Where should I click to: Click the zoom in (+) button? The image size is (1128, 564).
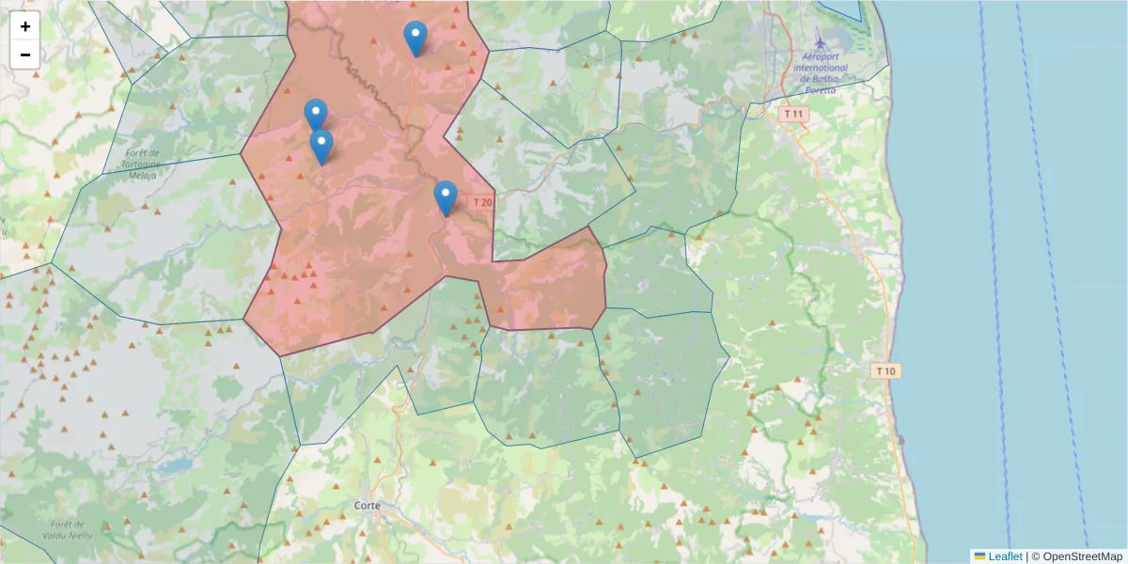(x=25, y=27)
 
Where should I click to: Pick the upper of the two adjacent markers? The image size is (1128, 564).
(x=316, y=115)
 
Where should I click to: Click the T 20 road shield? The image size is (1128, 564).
(x=482, y=202)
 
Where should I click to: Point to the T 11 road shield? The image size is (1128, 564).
(x=794, y=114)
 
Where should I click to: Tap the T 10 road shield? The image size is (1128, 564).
(x=885, y=370)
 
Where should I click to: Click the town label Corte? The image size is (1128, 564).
(x=368, y=506)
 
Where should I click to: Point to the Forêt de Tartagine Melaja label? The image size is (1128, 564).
(x=141, y=164)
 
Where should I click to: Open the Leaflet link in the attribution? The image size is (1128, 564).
(x=1005, y=556)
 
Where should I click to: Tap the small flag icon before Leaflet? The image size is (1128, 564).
(x=979, y=556)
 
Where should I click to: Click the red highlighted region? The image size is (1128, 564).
(x=357, y=244)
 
